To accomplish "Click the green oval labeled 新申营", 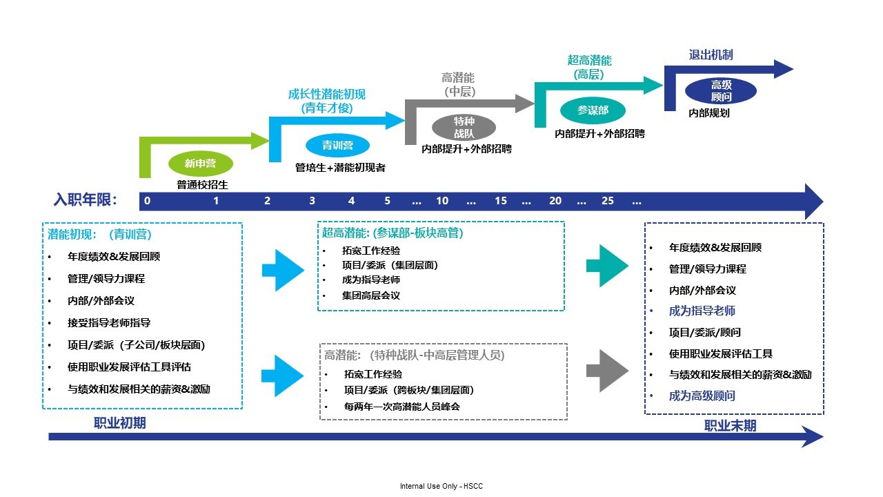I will (201, 164).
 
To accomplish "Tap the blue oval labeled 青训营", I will (337, 145).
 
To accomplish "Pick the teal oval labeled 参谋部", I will (593, 110).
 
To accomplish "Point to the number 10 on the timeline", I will (442, 201).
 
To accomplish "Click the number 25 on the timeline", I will (607, 201).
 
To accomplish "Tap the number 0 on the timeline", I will (148, 201).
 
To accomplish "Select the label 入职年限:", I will (86, 200).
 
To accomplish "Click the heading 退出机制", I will (711, 55).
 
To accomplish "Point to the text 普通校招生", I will (202, 184).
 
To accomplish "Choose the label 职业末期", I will (730, 425).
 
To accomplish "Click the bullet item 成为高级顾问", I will (702, 396).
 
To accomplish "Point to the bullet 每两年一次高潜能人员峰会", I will (401, 406).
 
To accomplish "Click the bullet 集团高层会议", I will (370, 295).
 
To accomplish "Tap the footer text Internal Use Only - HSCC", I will (441, 487).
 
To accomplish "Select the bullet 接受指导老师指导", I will (109, 322).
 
